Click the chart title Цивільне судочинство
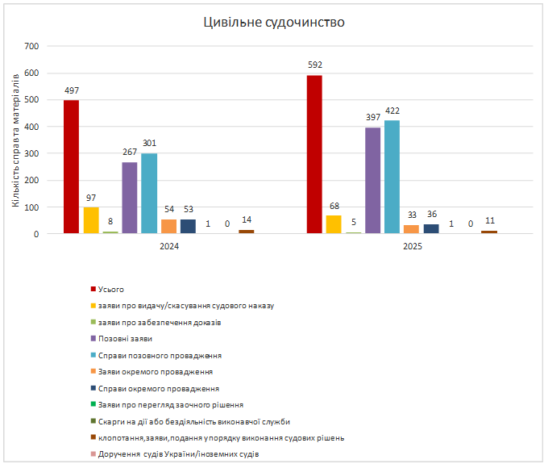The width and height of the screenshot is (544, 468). point(273,22)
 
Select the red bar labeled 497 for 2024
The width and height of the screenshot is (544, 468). point(72,167)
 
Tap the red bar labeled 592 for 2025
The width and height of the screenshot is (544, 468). point(314,154)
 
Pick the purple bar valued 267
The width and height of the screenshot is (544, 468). point(130,198)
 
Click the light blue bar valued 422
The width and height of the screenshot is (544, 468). point(392,177)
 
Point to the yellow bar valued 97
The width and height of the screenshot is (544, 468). point(91,220)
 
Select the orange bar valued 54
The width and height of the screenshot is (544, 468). point(168,227)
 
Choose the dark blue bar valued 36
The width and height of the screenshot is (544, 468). point(430,229)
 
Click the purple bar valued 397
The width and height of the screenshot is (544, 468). point(372,181)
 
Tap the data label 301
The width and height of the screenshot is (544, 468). point(149,144)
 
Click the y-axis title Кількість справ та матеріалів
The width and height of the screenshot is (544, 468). point(15,140)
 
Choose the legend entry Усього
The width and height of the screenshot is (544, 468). point(111,289)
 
